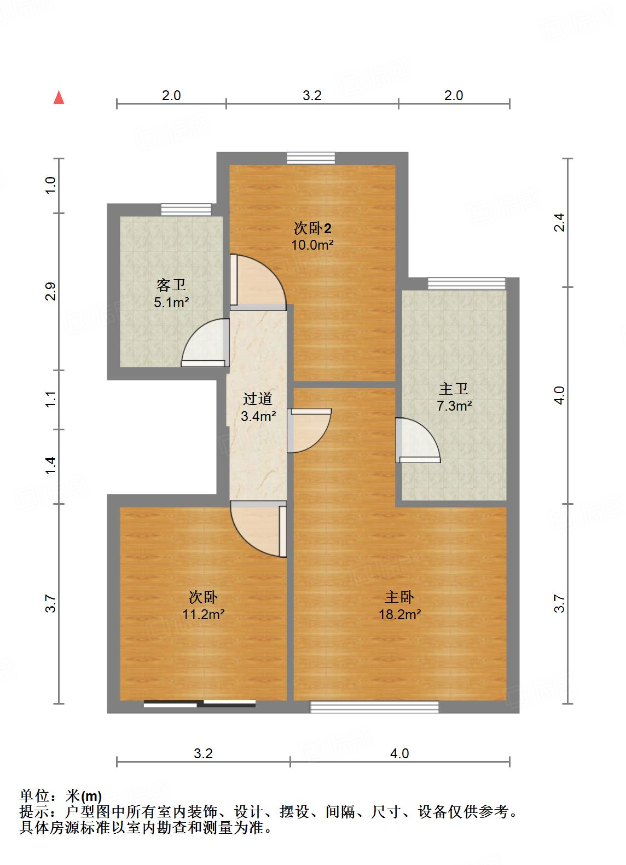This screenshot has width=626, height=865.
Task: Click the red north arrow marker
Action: (59, 98)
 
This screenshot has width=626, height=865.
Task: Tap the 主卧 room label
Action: (399, 597)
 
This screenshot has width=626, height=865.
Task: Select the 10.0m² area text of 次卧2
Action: (312, 245)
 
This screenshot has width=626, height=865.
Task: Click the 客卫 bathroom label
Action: (171, 285)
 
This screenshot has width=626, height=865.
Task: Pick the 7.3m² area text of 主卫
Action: (454, 406)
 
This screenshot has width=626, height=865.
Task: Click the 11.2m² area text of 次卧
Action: (204, 614)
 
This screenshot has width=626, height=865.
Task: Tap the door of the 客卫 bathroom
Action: (205, 344)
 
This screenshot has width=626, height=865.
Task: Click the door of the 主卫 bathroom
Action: (418, 440)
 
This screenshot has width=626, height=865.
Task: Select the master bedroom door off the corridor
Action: (309, 430)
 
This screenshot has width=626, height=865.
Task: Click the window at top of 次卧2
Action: (311, 158)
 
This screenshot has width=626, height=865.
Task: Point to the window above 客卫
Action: (186, 210)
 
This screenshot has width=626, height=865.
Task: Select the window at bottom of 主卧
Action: (374, 707)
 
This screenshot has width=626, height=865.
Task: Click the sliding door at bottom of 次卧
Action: (200, 704)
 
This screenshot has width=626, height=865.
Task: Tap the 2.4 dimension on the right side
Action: (558, 222)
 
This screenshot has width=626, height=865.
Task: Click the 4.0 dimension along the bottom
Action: (399, 753)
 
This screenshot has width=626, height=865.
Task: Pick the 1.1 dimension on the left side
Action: (51, 399)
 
